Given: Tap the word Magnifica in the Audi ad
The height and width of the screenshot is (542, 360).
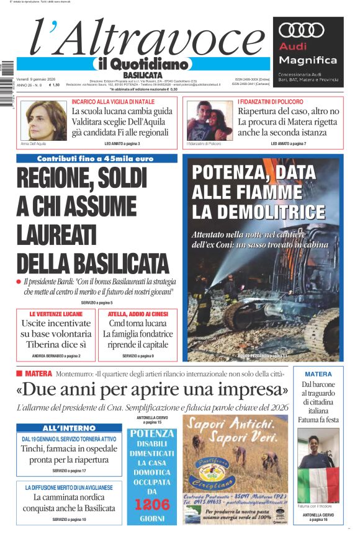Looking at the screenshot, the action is click(x=308, y=60).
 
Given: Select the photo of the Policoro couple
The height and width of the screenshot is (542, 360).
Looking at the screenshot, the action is click(x=209, y=120).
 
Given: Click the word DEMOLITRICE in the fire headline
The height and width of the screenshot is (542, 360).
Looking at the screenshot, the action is click(x=258, y=211).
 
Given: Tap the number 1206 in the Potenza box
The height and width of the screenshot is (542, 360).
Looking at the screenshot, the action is click(x=152, y=504).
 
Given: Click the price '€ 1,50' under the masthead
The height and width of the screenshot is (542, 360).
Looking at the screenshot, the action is click(x=54, y=85).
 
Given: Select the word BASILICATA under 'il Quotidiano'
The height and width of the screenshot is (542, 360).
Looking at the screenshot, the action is click(x=146, y=75).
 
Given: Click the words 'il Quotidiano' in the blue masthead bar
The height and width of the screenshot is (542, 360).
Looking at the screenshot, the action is click(x=140, y=63).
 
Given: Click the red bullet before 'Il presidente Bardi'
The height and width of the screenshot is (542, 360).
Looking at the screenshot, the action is click(x=19, y=282).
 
